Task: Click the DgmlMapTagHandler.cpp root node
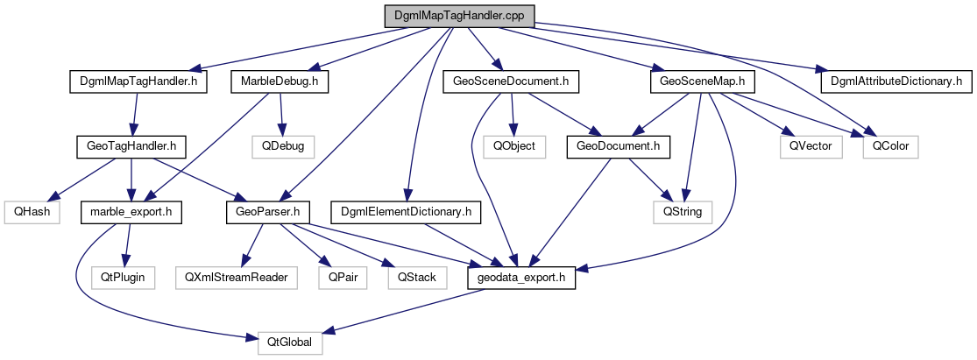458,16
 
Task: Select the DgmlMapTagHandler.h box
131,81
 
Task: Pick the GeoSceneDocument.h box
512,81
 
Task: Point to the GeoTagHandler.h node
127,145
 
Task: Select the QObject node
513,145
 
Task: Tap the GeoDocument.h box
619,145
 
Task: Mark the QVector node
810,145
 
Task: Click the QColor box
890,145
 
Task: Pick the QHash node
31,211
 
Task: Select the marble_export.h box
131,211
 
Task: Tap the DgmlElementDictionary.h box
406,211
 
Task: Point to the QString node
683,211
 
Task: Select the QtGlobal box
291,342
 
